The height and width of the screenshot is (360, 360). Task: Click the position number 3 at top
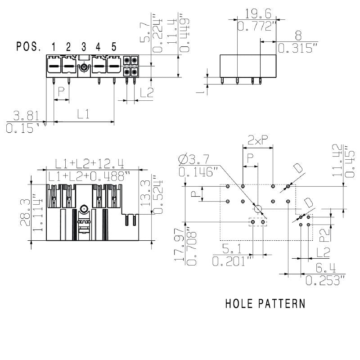click(x=84, y=46)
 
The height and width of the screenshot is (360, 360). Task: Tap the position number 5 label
click(x=114, y=46)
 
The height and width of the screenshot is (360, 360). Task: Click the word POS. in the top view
click(x=29, y=46)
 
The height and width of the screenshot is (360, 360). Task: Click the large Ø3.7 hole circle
click(x=257, y=209)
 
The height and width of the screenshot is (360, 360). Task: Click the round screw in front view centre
click(x=83, y=209)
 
